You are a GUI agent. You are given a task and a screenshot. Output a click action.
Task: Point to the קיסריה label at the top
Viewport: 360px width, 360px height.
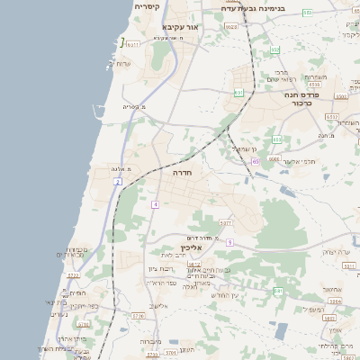point(147,7)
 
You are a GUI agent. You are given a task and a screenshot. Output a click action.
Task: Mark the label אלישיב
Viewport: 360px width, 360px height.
point(160,306)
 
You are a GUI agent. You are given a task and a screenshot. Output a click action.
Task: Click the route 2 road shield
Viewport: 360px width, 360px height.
point(117,182)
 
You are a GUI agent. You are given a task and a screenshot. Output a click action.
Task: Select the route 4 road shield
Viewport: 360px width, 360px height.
point(155,205)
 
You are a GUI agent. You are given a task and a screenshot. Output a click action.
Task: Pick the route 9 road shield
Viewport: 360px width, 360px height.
point(229,242)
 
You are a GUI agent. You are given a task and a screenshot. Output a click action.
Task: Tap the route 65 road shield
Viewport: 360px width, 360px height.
point(256,161)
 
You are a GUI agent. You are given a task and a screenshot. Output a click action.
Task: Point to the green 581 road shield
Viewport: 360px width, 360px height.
point(277,291)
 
